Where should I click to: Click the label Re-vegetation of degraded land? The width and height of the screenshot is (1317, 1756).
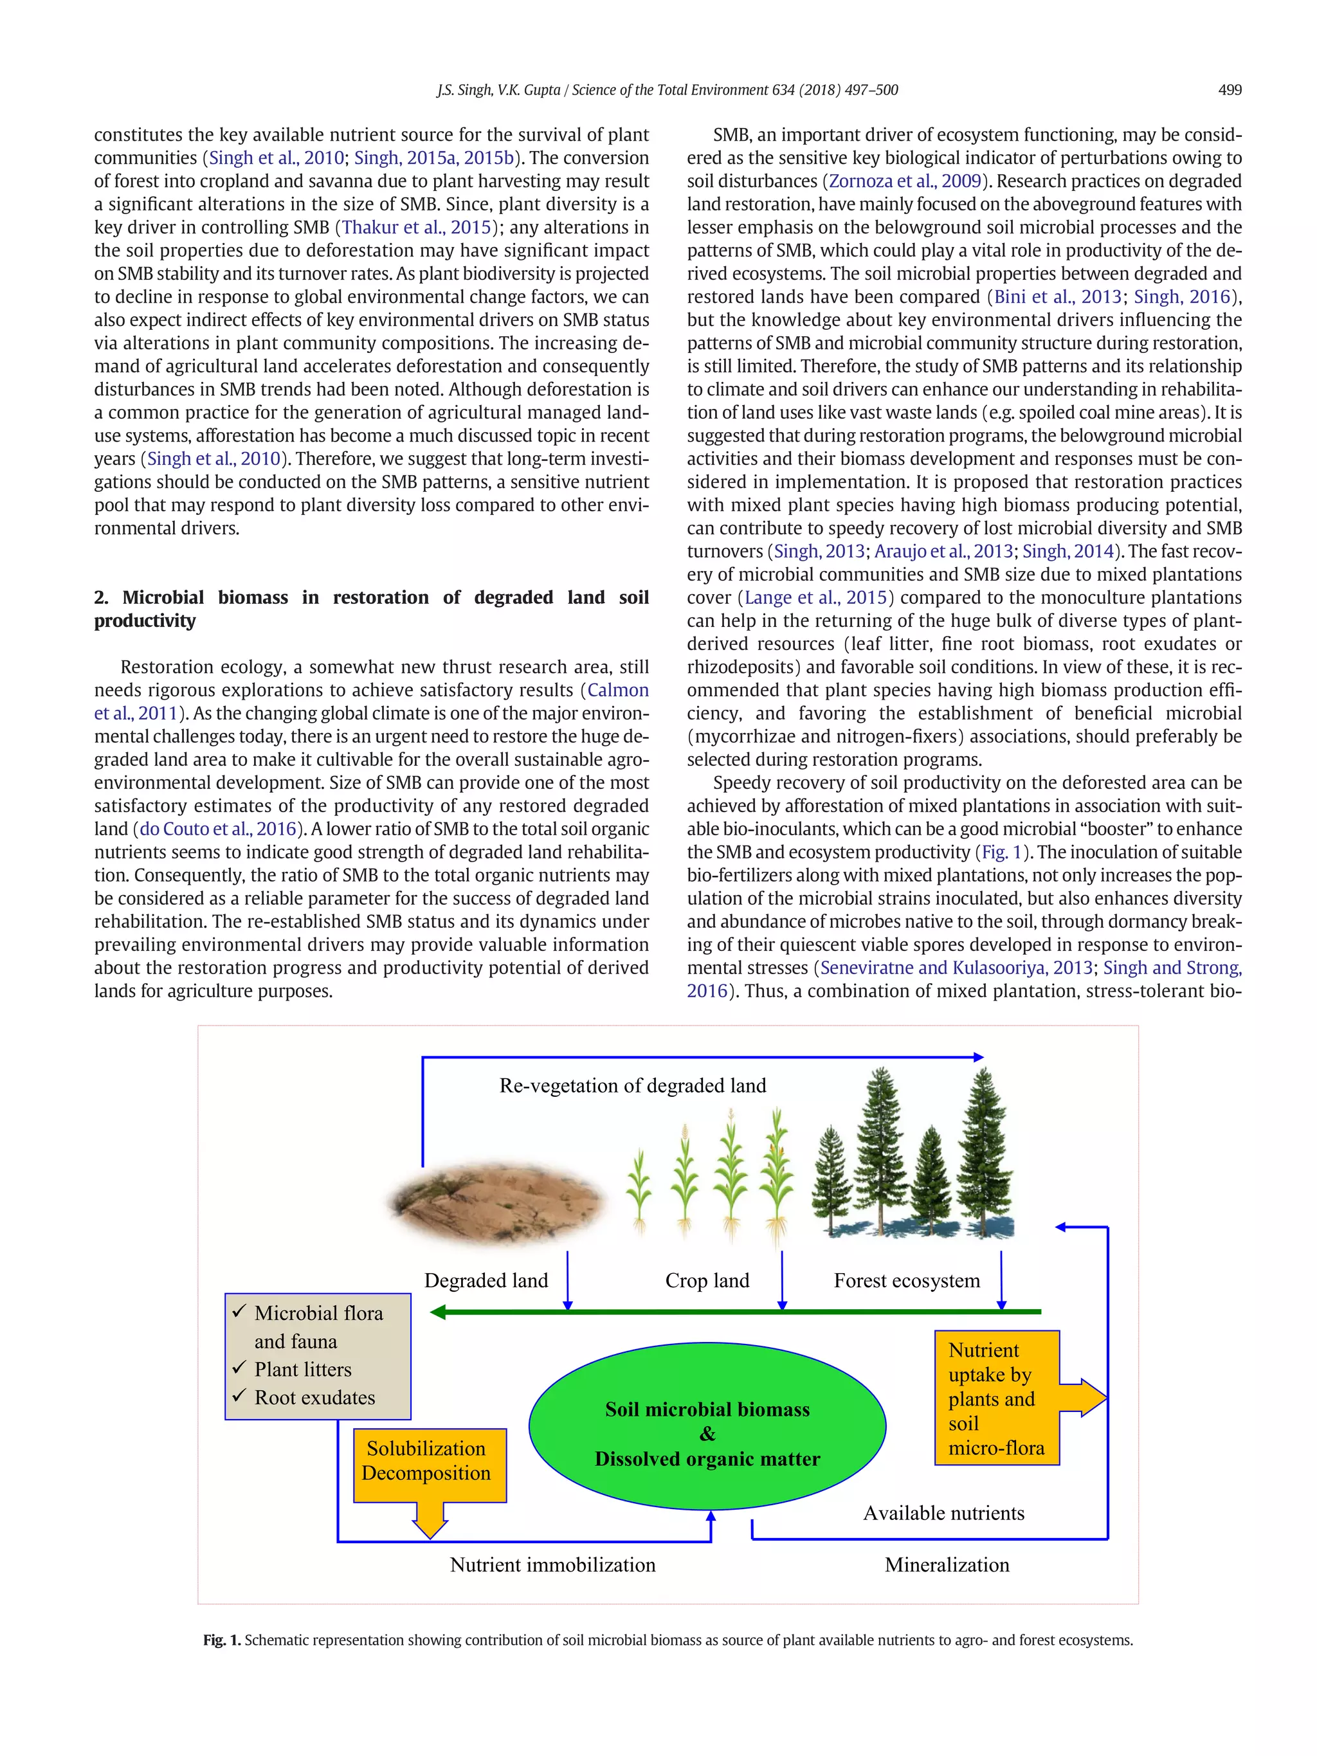click(633, 1085)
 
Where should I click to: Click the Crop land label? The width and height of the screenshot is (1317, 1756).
click(707, 1280)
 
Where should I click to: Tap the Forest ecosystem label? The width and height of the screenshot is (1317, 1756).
click(907, 1280)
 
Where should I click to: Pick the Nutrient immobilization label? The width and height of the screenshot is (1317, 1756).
click(552, 1564)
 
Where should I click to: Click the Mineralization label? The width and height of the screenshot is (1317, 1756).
click(947, 1564)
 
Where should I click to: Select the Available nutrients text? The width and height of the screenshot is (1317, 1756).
click(944, 1513)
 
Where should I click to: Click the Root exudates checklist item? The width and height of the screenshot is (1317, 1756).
click(314, 1397)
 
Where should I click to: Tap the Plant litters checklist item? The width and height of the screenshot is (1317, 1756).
click(302, 1370)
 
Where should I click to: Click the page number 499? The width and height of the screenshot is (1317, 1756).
click(1229, 90)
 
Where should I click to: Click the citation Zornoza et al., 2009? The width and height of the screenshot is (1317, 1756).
click(905, 181)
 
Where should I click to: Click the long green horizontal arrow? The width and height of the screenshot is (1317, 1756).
click(734, 1312)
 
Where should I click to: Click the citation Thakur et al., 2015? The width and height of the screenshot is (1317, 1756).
click(416, 227)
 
